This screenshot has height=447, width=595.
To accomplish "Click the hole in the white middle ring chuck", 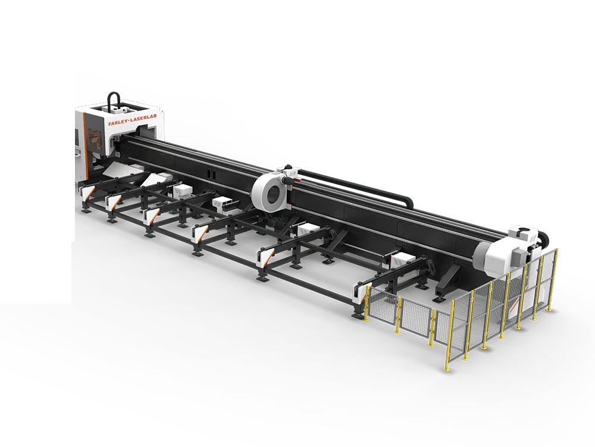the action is pyautogui.click(x=274, y=195).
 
